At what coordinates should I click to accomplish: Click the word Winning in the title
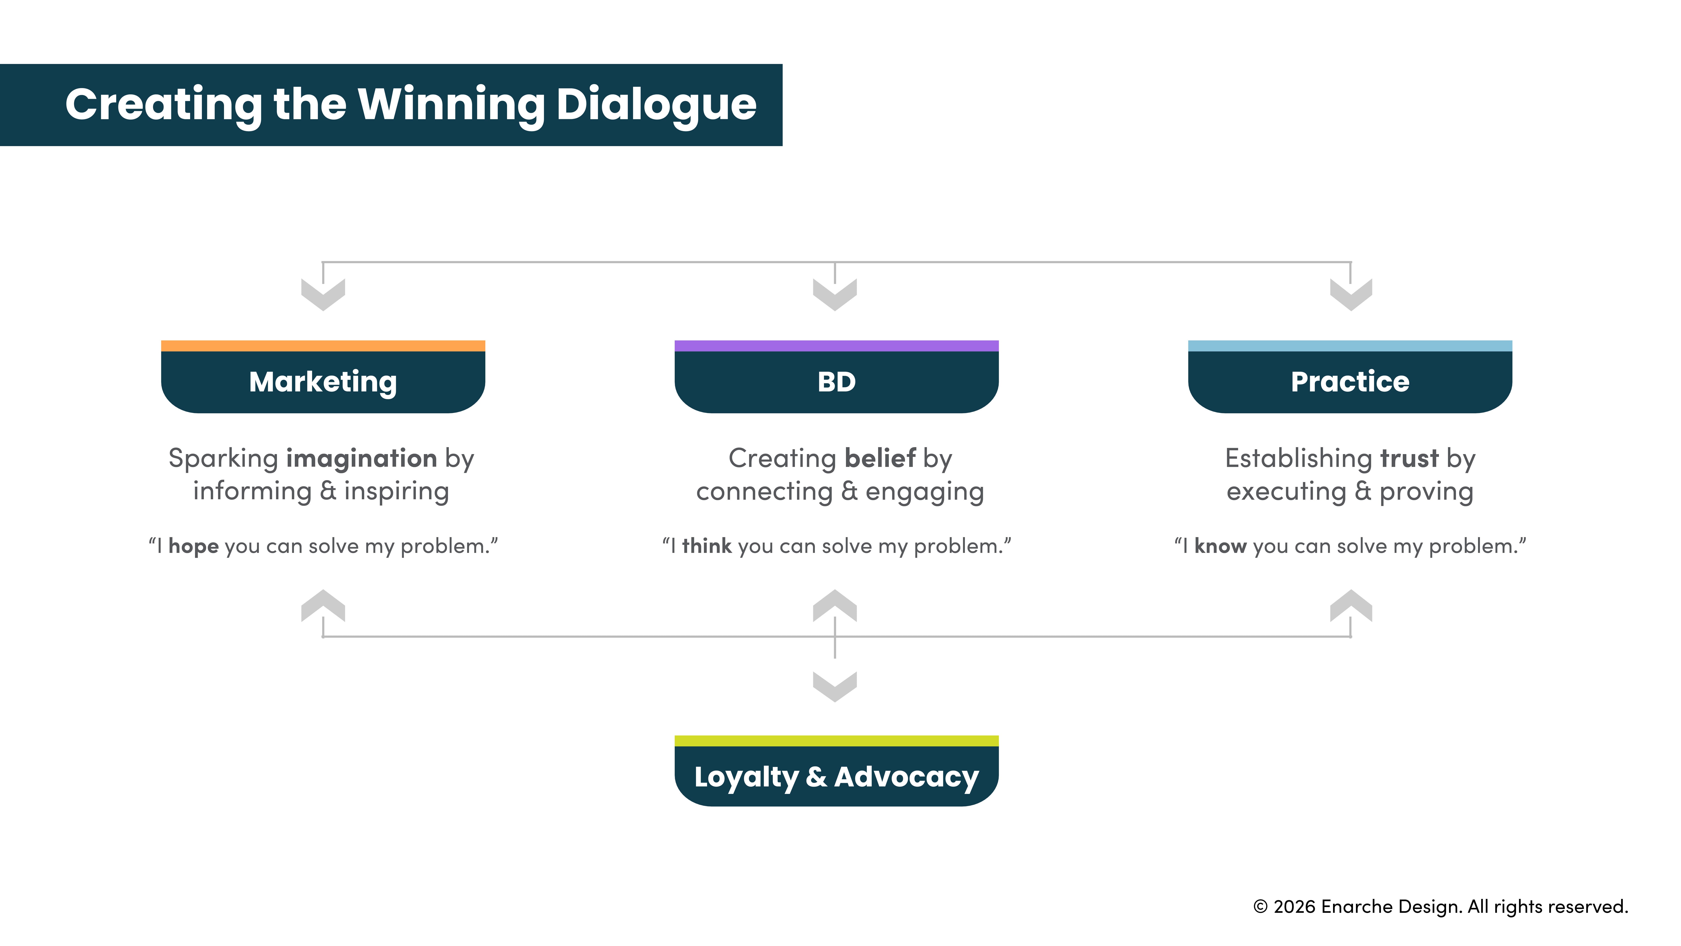[x=452, y=104]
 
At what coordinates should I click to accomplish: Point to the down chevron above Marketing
[x=323, y=295]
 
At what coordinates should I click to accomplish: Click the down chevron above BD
[x=835, y=295]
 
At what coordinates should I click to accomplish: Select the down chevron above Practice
[x=1351, y=295]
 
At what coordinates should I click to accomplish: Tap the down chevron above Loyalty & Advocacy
[x=835, y=686]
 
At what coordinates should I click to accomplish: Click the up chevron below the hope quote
[x=323, y=605]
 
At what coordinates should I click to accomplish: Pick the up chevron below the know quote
[x=1351, y=605]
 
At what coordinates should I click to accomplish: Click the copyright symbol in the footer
[x=1260, y=907]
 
